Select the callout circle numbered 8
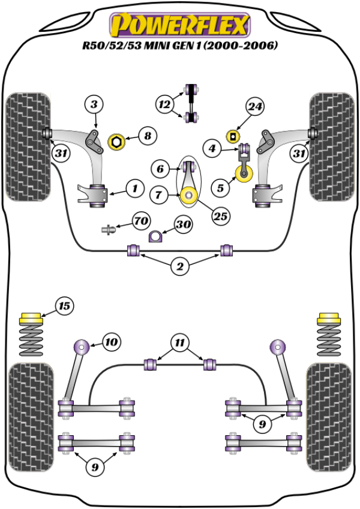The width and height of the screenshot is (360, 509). click(147, 136)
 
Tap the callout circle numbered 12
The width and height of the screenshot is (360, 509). click(164, 104)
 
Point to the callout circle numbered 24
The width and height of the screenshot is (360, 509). click(254, 107)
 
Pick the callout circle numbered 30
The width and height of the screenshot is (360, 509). click(182, 224)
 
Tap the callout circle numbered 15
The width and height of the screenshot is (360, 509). click(64, 306)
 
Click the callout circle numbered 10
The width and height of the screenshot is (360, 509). click(110, 342)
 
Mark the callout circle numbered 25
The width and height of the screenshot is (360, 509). click(221, 215)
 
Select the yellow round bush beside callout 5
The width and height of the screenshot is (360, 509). click(245, 175)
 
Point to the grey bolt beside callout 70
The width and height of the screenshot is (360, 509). click(109, 229)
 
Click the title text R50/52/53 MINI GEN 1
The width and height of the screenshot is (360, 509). click(181, 47)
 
